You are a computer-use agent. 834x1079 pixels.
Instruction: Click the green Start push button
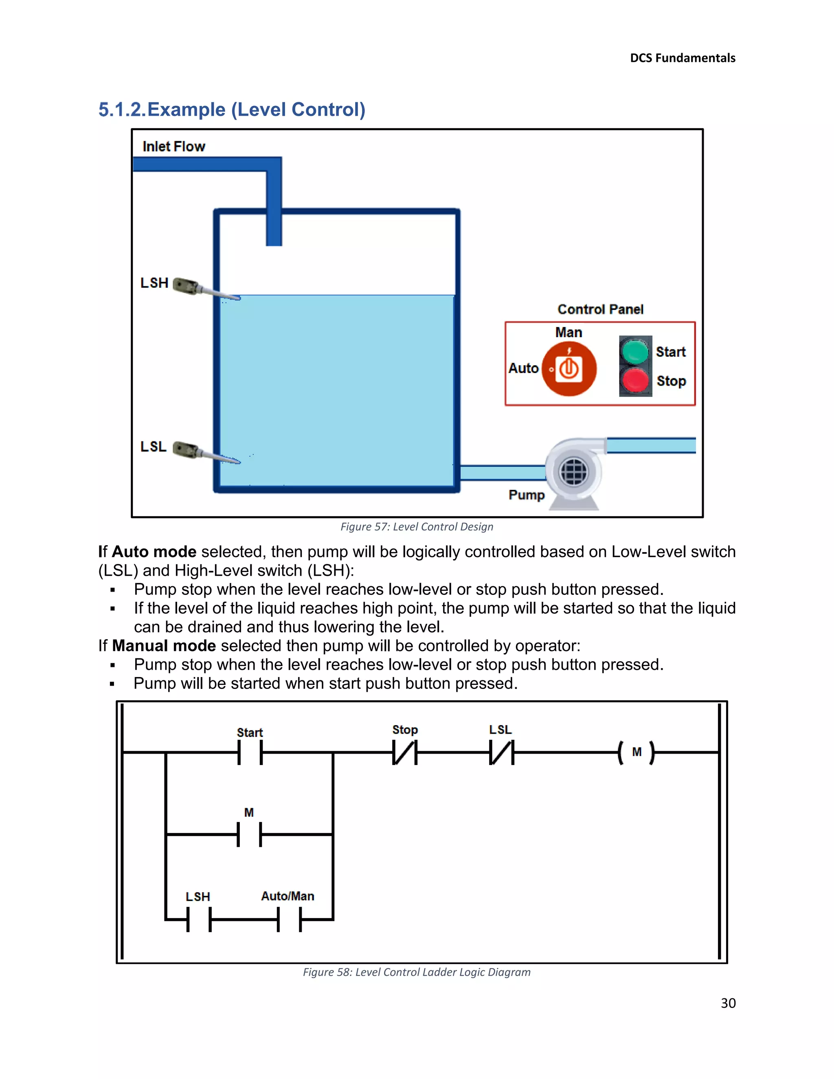(x=635, y=352)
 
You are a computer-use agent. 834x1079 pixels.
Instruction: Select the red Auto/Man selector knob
(x=569, y=368)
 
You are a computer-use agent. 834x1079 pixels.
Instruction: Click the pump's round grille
(x=574, y=472)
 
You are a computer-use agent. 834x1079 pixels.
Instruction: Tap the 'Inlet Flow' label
(x=173, y=146)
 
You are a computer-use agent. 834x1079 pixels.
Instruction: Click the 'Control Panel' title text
(x=600, y=309)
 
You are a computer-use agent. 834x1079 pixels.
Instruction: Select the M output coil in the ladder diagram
(x=636, y=752)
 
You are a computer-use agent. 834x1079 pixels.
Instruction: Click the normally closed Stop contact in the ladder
(x=405, y=752)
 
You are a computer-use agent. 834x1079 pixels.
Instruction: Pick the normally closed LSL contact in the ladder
(x=501, y=752)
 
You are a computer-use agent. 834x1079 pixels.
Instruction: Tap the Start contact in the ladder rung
(x=250, y=752)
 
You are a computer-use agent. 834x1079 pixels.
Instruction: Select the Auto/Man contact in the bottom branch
(x=290, y=919)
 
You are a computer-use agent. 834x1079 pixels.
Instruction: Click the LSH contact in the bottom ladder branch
(x=199, y=919)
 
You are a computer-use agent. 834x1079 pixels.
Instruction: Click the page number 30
(x=728, y=1003)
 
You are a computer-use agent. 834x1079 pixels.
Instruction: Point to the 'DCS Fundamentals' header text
(x=683, y=58)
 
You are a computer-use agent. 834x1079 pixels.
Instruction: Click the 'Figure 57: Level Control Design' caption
(x=417, y=526)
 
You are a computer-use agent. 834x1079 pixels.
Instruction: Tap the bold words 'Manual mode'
(x=164, y=646)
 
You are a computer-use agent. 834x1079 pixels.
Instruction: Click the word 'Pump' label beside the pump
(x=526, y=495)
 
